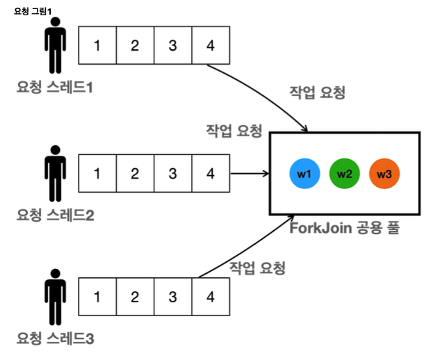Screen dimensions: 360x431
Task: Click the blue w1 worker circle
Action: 304,174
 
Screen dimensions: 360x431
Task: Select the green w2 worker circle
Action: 344,174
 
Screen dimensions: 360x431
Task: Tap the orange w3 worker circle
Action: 384,174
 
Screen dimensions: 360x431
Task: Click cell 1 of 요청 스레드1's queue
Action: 97,46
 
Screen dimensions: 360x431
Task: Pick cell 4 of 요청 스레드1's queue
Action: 210,46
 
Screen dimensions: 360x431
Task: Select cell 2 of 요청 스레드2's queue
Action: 134,173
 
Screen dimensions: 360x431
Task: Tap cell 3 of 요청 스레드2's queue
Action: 172,173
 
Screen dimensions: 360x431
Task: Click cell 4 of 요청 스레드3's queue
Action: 210,296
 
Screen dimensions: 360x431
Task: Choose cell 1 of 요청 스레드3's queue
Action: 97,296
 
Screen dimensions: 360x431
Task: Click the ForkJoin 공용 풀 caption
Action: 344,228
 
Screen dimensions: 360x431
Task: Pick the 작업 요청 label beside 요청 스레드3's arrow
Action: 257,268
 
